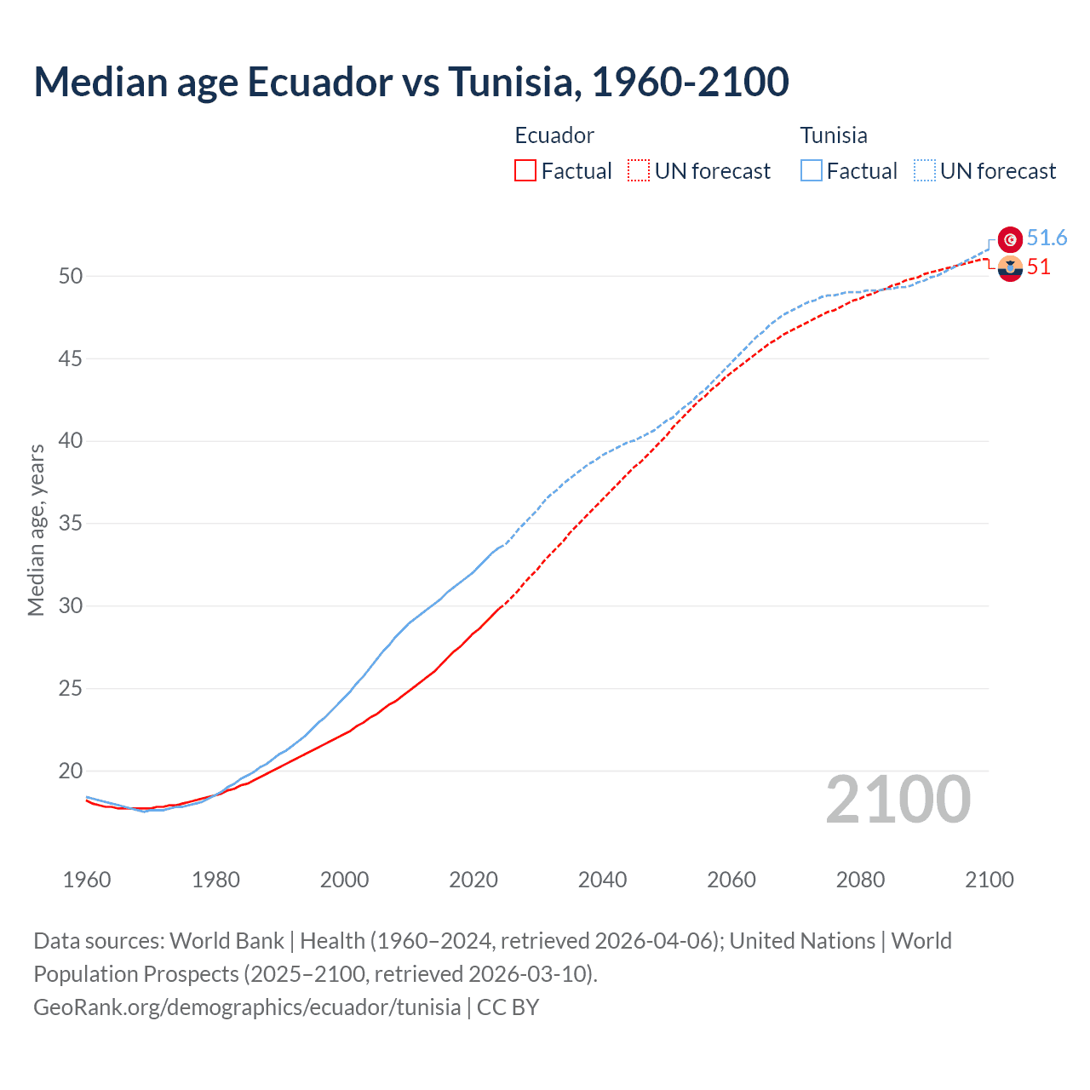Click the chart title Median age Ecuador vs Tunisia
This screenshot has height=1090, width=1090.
coord(410,82)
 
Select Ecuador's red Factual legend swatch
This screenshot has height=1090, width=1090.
coord(525,170)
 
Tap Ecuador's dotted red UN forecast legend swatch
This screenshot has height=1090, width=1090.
coord(639,170)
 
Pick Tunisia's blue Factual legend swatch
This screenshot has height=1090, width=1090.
coord(812,170)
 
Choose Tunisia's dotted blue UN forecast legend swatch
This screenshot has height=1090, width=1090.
coord(925,170)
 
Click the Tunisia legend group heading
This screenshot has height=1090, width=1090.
coord(833,135)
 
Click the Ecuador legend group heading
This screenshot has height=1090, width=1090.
coord(554,135)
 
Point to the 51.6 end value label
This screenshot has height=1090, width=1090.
coord(1047,238)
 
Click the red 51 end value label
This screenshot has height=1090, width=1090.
coord(1038,267)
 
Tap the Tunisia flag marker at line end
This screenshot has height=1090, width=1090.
coord(1010,239)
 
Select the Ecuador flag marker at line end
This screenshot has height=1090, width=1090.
coord(1010,268)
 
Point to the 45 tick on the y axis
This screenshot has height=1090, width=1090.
coord(71,359)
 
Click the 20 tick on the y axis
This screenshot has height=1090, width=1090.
coord(71,771)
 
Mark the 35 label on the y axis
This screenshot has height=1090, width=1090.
coord(71,523)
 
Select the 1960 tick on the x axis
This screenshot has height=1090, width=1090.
coord(87,880)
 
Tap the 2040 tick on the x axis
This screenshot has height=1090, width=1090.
coord(602,880)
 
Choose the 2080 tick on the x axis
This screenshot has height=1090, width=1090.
coord(860,880)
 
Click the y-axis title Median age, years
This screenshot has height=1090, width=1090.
coord(36,530)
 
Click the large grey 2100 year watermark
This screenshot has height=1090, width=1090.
coord(898,799)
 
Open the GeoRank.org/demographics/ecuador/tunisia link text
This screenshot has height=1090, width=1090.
coord(247,1007)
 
